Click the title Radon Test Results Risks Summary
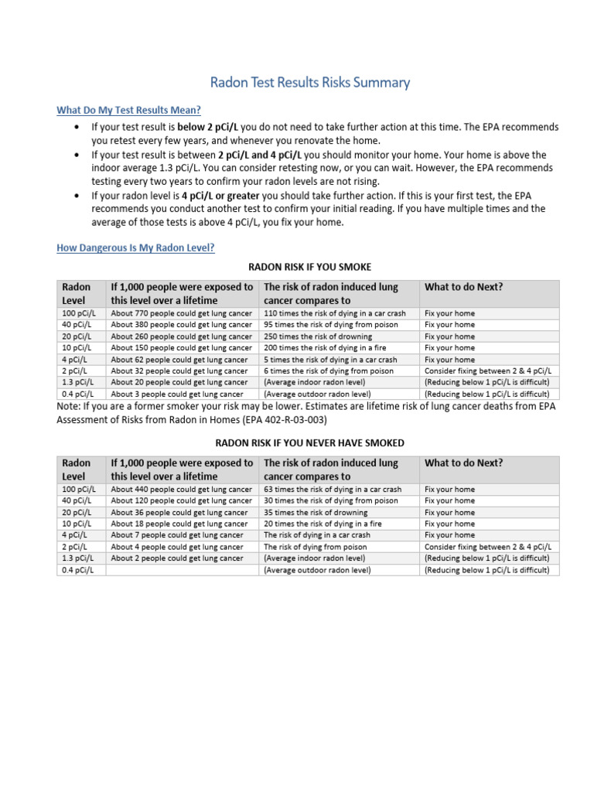pyautogui.click(x=311, y=82)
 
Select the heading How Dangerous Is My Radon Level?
pyautogui.click(x=135, y=247)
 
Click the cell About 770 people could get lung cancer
pyautogui.click(x=181, y=313)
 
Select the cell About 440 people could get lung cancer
pyautogui.click(x=181, y=490)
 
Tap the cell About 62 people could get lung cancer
pyautogui.click(x=179, y=360)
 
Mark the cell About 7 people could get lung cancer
pyautogui.click(x=176, y=535)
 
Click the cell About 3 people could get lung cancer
pyautogui.click(x=176, y=394)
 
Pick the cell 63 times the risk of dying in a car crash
pyautogui.click(x=333, y=490)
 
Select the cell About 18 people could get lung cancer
pyautogui.click(x=179, y=524)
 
